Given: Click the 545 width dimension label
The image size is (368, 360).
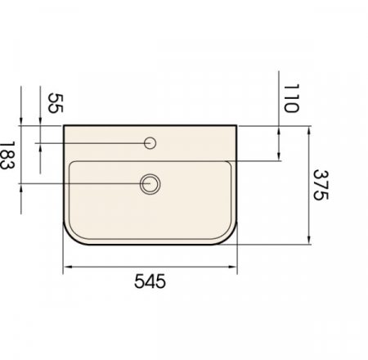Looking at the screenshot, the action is tap(150, 281).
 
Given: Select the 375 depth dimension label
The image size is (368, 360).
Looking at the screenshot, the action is tap(321, 185).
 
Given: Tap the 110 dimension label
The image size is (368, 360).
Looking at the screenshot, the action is tap(291, 98).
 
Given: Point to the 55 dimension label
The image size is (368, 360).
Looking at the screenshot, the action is tap(56, 103).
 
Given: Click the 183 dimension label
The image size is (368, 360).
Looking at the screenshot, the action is tap(6, 155).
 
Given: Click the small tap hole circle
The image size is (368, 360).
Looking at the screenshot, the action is tap(150, 143).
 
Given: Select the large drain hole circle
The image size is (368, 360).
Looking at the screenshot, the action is tap(150, 184).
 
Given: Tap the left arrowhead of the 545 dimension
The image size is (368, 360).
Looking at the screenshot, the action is tap(66, 267).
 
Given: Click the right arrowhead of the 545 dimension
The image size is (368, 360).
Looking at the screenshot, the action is tap(233, 267).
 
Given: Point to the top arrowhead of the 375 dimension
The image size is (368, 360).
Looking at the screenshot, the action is tap(309, 130).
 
